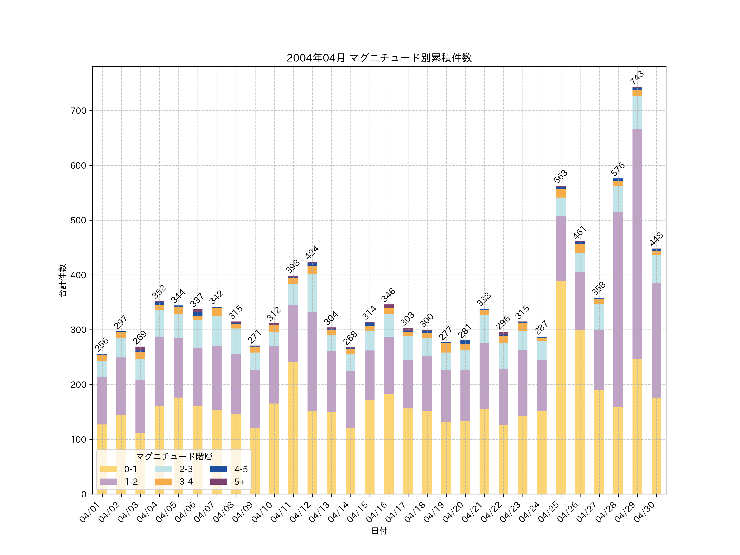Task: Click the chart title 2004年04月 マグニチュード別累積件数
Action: pos(379,58)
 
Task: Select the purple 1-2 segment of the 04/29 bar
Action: pos(637,244)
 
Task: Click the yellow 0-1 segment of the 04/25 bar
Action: pos(561,387)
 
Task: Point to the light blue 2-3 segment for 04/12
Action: pos(312,293)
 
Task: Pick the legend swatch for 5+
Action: pos(219,482)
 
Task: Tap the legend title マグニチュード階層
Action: pos(174,457)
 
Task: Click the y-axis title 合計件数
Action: pos(62,280)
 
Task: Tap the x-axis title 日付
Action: pos(379,531)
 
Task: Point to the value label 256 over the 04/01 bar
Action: pos(101,344)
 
